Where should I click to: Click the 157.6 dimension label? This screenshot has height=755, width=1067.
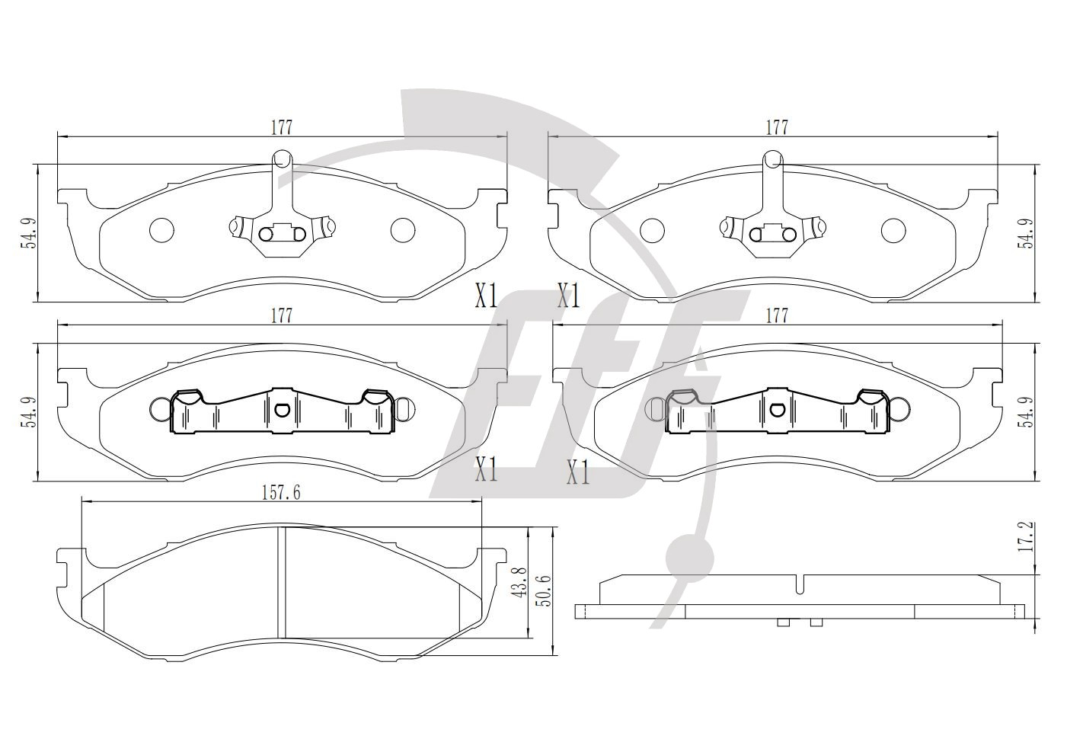(x=281, y=493)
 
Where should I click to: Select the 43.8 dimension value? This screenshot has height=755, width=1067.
(x=519, y=582)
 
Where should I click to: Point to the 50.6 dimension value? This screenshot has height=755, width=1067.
(x=544, y=590)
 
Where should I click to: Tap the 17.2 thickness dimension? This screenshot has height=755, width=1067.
(x=1025, y=536)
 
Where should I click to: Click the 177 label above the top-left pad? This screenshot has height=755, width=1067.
(x=282, y=128)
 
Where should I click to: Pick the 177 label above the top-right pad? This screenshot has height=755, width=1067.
(x=777, y=128)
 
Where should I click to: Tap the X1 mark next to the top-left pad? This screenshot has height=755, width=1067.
(x=487, y=295)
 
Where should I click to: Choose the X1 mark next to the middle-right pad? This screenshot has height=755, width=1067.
(x=578, y=472)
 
